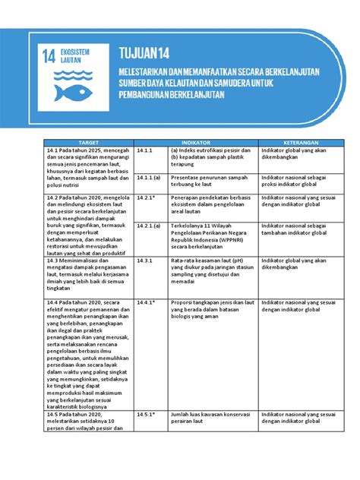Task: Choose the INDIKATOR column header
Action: tap(196, 142)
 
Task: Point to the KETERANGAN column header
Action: tap(302, 142)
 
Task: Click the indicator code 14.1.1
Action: tap(146, 150)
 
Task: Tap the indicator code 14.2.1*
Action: tap(147, 195)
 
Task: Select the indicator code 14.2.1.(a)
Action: tap(150, 226)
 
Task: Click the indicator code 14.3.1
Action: tap(146, 260)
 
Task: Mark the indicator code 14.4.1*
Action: tap(147, 302)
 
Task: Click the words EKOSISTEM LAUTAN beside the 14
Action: tap(75, 55)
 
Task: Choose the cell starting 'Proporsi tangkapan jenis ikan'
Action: tap(213, 311)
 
